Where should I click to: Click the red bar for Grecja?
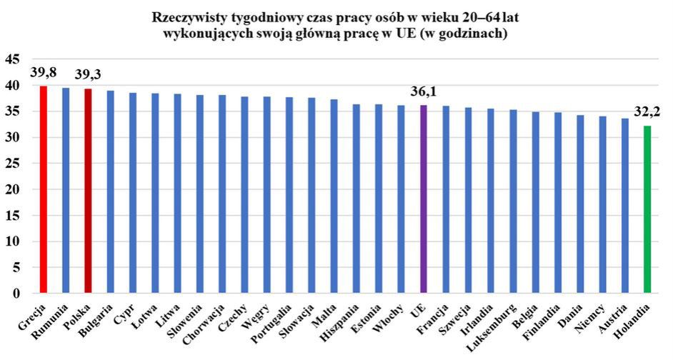tap(43, 189)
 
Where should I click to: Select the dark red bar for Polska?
tap(88, 191)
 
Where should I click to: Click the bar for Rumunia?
tap(66, 190)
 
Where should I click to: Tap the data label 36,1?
tap(423, 91)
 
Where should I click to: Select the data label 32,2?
tap(647, 112)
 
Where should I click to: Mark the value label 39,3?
tap(88, 75)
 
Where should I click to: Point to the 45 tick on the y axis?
tap(12, 59)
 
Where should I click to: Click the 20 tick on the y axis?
tap(12, 189)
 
